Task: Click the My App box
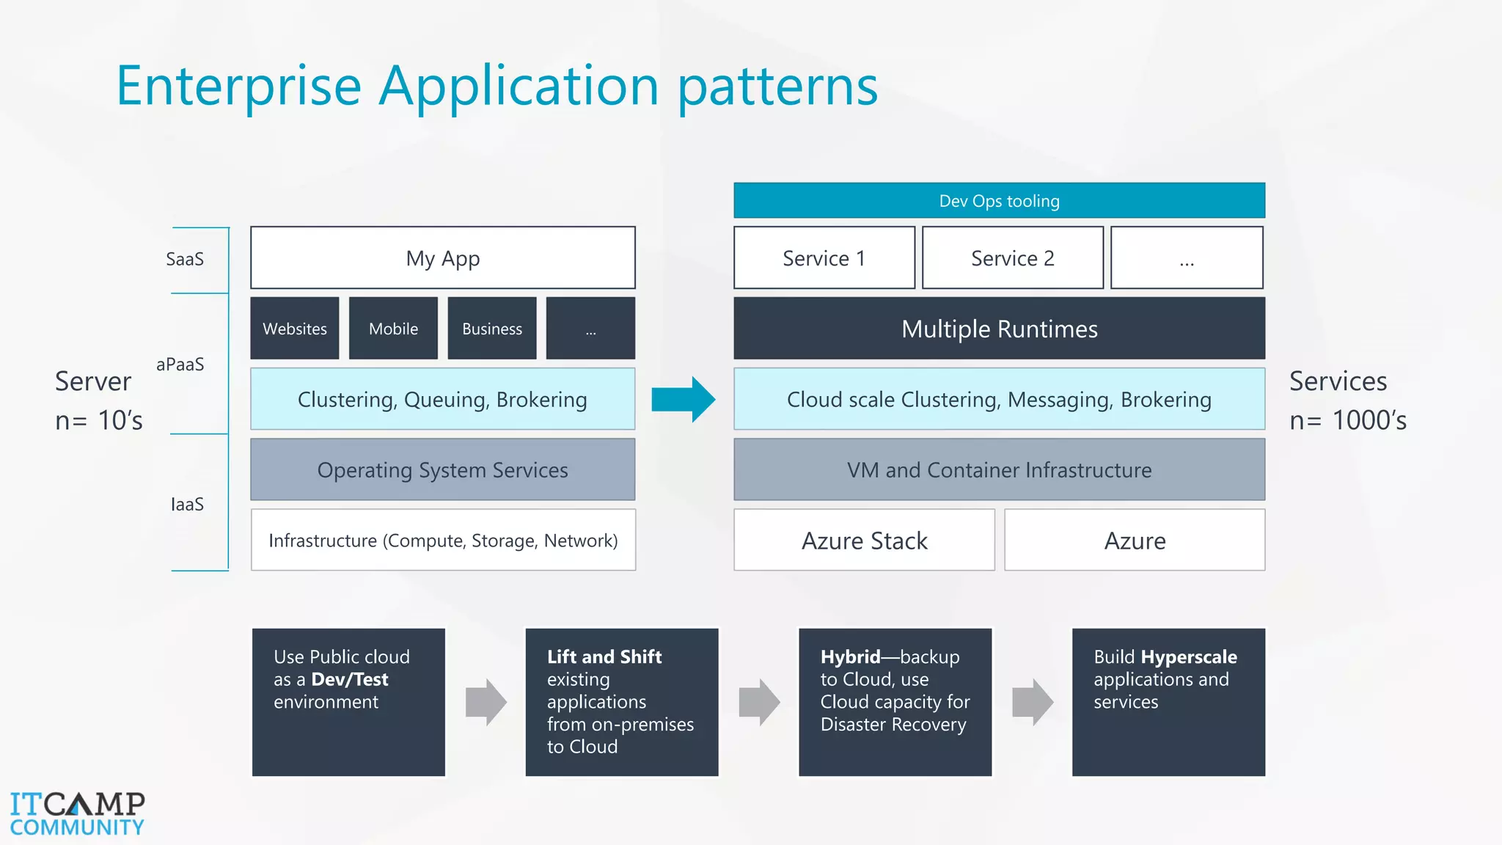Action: (x=443, y=258)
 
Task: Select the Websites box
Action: (x=295, y=329)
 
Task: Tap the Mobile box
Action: (x=393, y=329)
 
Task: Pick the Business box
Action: (x=492, y=329)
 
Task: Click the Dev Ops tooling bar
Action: (x=999, y=201)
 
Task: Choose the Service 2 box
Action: (x=1012, y=258)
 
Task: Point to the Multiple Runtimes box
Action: (x=999, y=329)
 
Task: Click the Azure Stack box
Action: (x=864, y=541)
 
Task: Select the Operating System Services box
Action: (x=443, y=470)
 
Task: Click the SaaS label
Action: (x=185, y=259)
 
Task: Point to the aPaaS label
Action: (x=180, y=365)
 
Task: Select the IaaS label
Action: (x=187, y=505)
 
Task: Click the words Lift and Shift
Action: (x=604, y=656)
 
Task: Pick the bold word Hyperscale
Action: (x=1189, y=656)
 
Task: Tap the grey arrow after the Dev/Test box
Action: (x=486, y=702)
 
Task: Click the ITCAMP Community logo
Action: (x=77, y=813)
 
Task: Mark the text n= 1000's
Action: (x=1348, y=420)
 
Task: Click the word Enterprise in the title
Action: (x=239, y=86)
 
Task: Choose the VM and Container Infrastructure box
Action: (x=999, y=470)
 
